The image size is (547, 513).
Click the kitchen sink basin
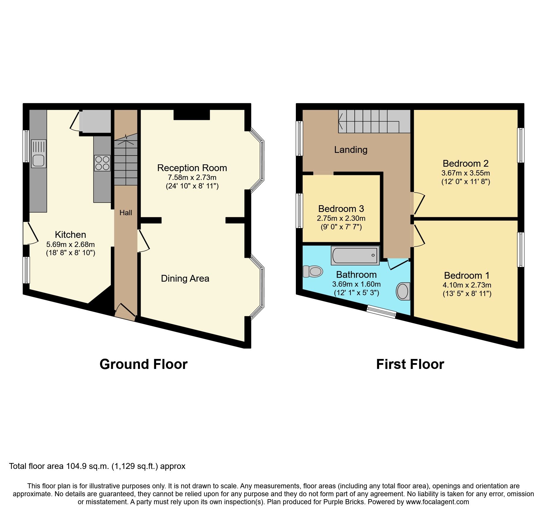(x=39, y=161)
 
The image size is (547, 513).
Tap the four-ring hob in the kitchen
(x=102, y=163)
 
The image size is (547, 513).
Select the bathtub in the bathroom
(x=355, y=255)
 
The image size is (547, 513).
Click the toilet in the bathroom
(x=313, y=271)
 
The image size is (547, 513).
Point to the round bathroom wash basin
(x=403, y=291)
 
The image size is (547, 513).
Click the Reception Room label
(x=192, y=168)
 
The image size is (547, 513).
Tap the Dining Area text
(x=185, y=278)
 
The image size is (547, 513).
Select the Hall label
(x=126, y=213)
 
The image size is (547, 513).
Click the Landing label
(x=351, y=150)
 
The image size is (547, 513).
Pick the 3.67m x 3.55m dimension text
(x=466, y=173)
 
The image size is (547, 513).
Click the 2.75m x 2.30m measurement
(x=341, y=218)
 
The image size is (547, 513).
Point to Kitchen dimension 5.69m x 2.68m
(x=71, y=244)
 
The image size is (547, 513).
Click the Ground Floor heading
(x=144, y=364)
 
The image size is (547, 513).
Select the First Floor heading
(x=410, y=364)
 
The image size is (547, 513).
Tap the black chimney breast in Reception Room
(x=191, y=115)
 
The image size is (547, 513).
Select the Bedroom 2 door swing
(x=419, y=203)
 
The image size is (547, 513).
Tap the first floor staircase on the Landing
(x=373, y=121)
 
